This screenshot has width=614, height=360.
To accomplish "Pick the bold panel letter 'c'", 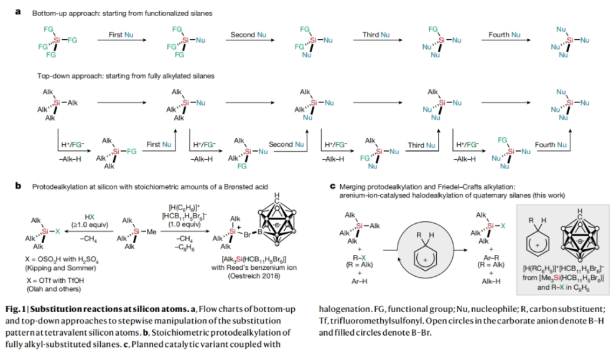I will coord(333,185).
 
